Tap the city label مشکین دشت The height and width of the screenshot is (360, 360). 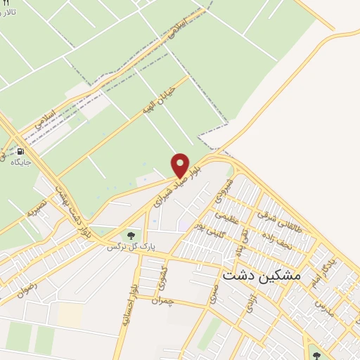click(x=261, y=276)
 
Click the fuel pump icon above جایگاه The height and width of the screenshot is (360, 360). click(x=20, y=151)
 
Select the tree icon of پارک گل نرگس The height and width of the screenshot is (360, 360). click(x=129, y=234)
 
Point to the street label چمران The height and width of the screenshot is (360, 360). click(x=166, y=301)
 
